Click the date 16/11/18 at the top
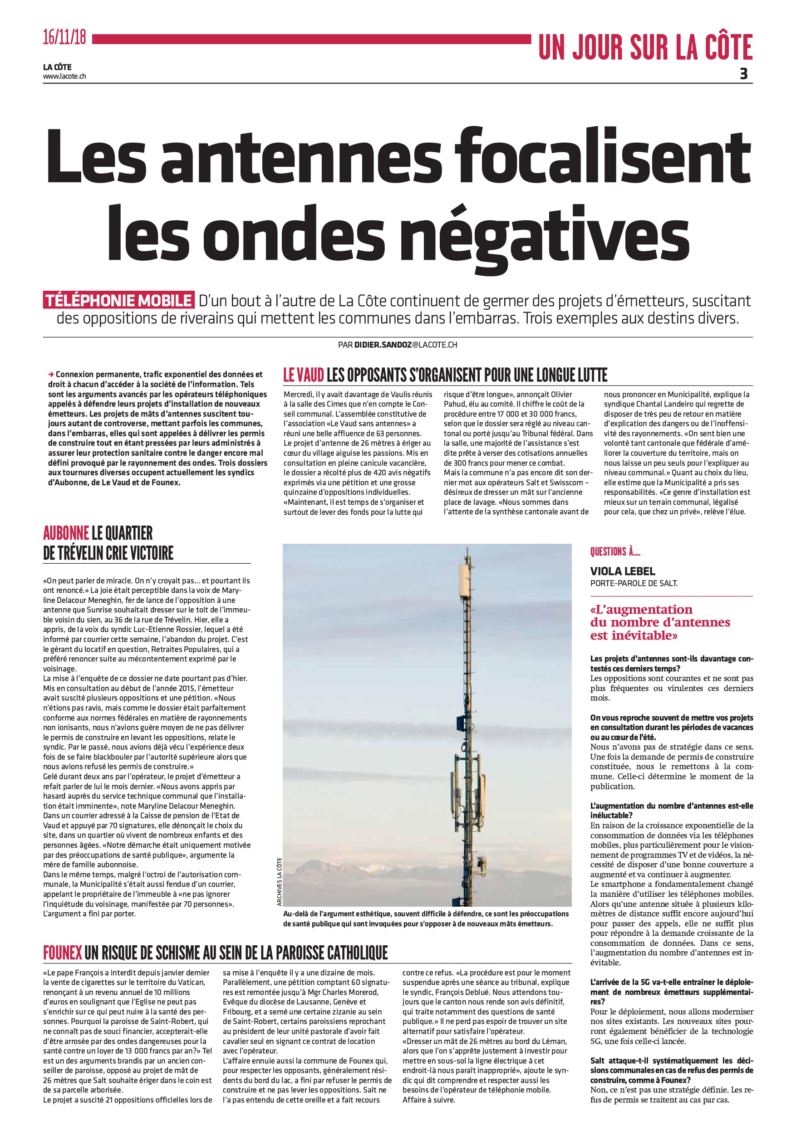[x=64, y=38]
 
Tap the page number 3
[x=743, y=74]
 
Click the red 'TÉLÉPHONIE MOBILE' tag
[x=119, y=300]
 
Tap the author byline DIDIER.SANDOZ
[x=383, y=345]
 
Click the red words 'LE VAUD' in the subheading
[x=304, y=376]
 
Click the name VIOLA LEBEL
[x=622, y=571]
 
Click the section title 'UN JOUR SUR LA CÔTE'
[x=645, y=48]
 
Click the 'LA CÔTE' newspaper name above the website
[x=57, y=67]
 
